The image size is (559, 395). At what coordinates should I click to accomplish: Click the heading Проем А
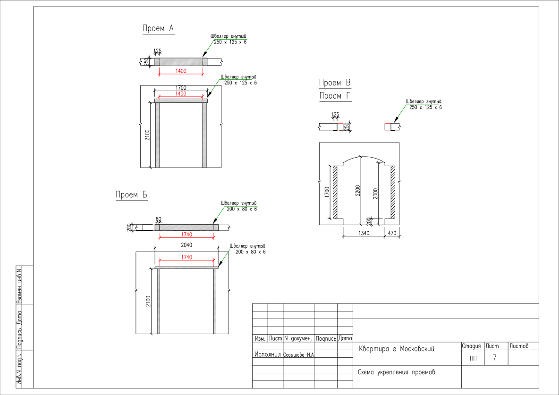[158, 28]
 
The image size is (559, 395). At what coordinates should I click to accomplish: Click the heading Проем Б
[132, 194]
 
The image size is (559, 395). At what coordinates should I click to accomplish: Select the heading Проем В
[335, 83]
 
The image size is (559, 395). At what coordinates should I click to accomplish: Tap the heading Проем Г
[335, 96]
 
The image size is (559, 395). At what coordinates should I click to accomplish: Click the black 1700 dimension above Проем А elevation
[181, 88]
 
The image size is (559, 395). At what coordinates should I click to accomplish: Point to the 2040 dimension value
[186, 245]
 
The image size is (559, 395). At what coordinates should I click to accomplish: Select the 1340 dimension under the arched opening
[364, 233]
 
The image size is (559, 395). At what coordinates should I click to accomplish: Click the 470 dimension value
[392, 233]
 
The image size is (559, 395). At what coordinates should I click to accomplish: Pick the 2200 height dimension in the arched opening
[358, 190]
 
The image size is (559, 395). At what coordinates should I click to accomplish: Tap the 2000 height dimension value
[375, 193]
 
